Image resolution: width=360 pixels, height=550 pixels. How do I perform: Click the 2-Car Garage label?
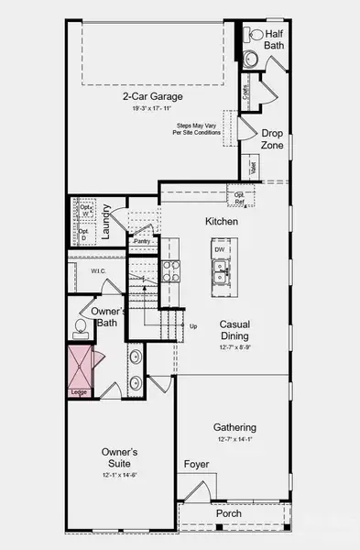153,95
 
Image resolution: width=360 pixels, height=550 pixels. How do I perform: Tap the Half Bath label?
274,38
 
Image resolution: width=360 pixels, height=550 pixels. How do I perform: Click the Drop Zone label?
273,138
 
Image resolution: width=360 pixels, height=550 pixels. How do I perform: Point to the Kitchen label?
222,222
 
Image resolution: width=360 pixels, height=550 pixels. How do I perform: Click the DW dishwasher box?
220,249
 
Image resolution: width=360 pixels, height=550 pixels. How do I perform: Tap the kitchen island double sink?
221,269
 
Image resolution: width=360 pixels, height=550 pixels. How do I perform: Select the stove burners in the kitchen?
171,269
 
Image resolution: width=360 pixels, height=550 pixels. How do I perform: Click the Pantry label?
141,241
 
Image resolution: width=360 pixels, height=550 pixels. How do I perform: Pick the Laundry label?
106,224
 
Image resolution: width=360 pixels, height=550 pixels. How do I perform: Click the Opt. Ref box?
240,196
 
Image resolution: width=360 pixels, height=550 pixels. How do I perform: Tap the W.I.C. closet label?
99,271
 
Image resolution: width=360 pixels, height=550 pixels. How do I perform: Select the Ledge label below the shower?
78,393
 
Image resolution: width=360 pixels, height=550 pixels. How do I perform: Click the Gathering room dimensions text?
235,440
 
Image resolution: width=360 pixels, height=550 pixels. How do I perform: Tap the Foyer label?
198,465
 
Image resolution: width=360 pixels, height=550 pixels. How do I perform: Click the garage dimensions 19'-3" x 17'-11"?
153,108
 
